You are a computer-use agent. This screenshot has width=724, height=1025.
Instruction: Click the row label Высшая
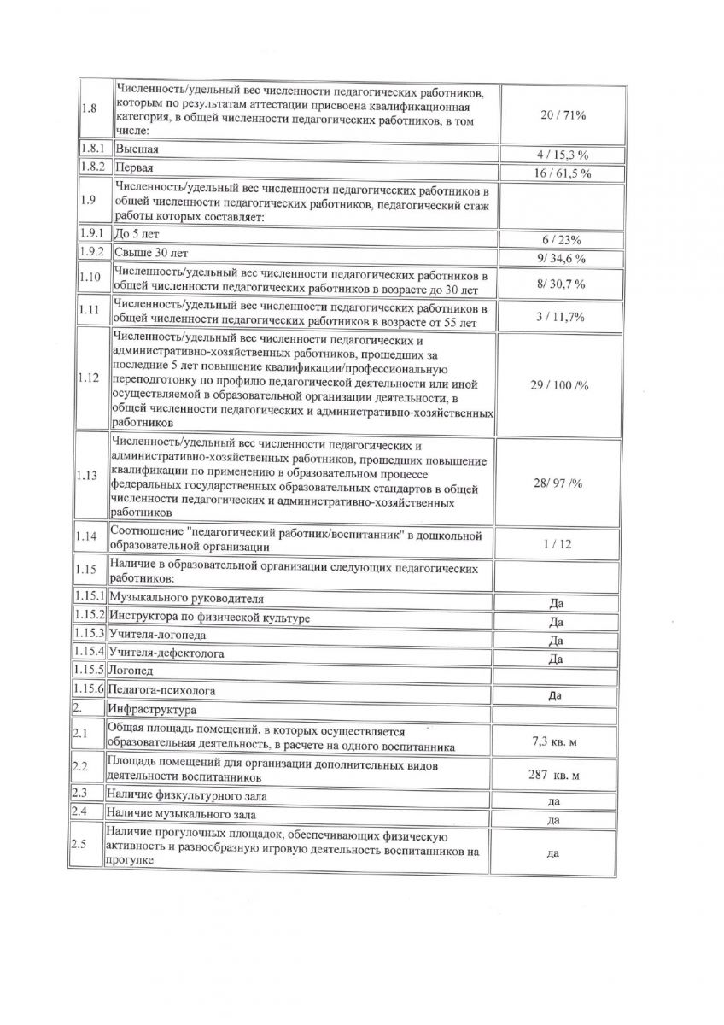coord(137,149)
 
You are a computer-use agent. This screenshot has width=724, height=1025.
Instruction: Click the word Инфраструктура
coord(151,709)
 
